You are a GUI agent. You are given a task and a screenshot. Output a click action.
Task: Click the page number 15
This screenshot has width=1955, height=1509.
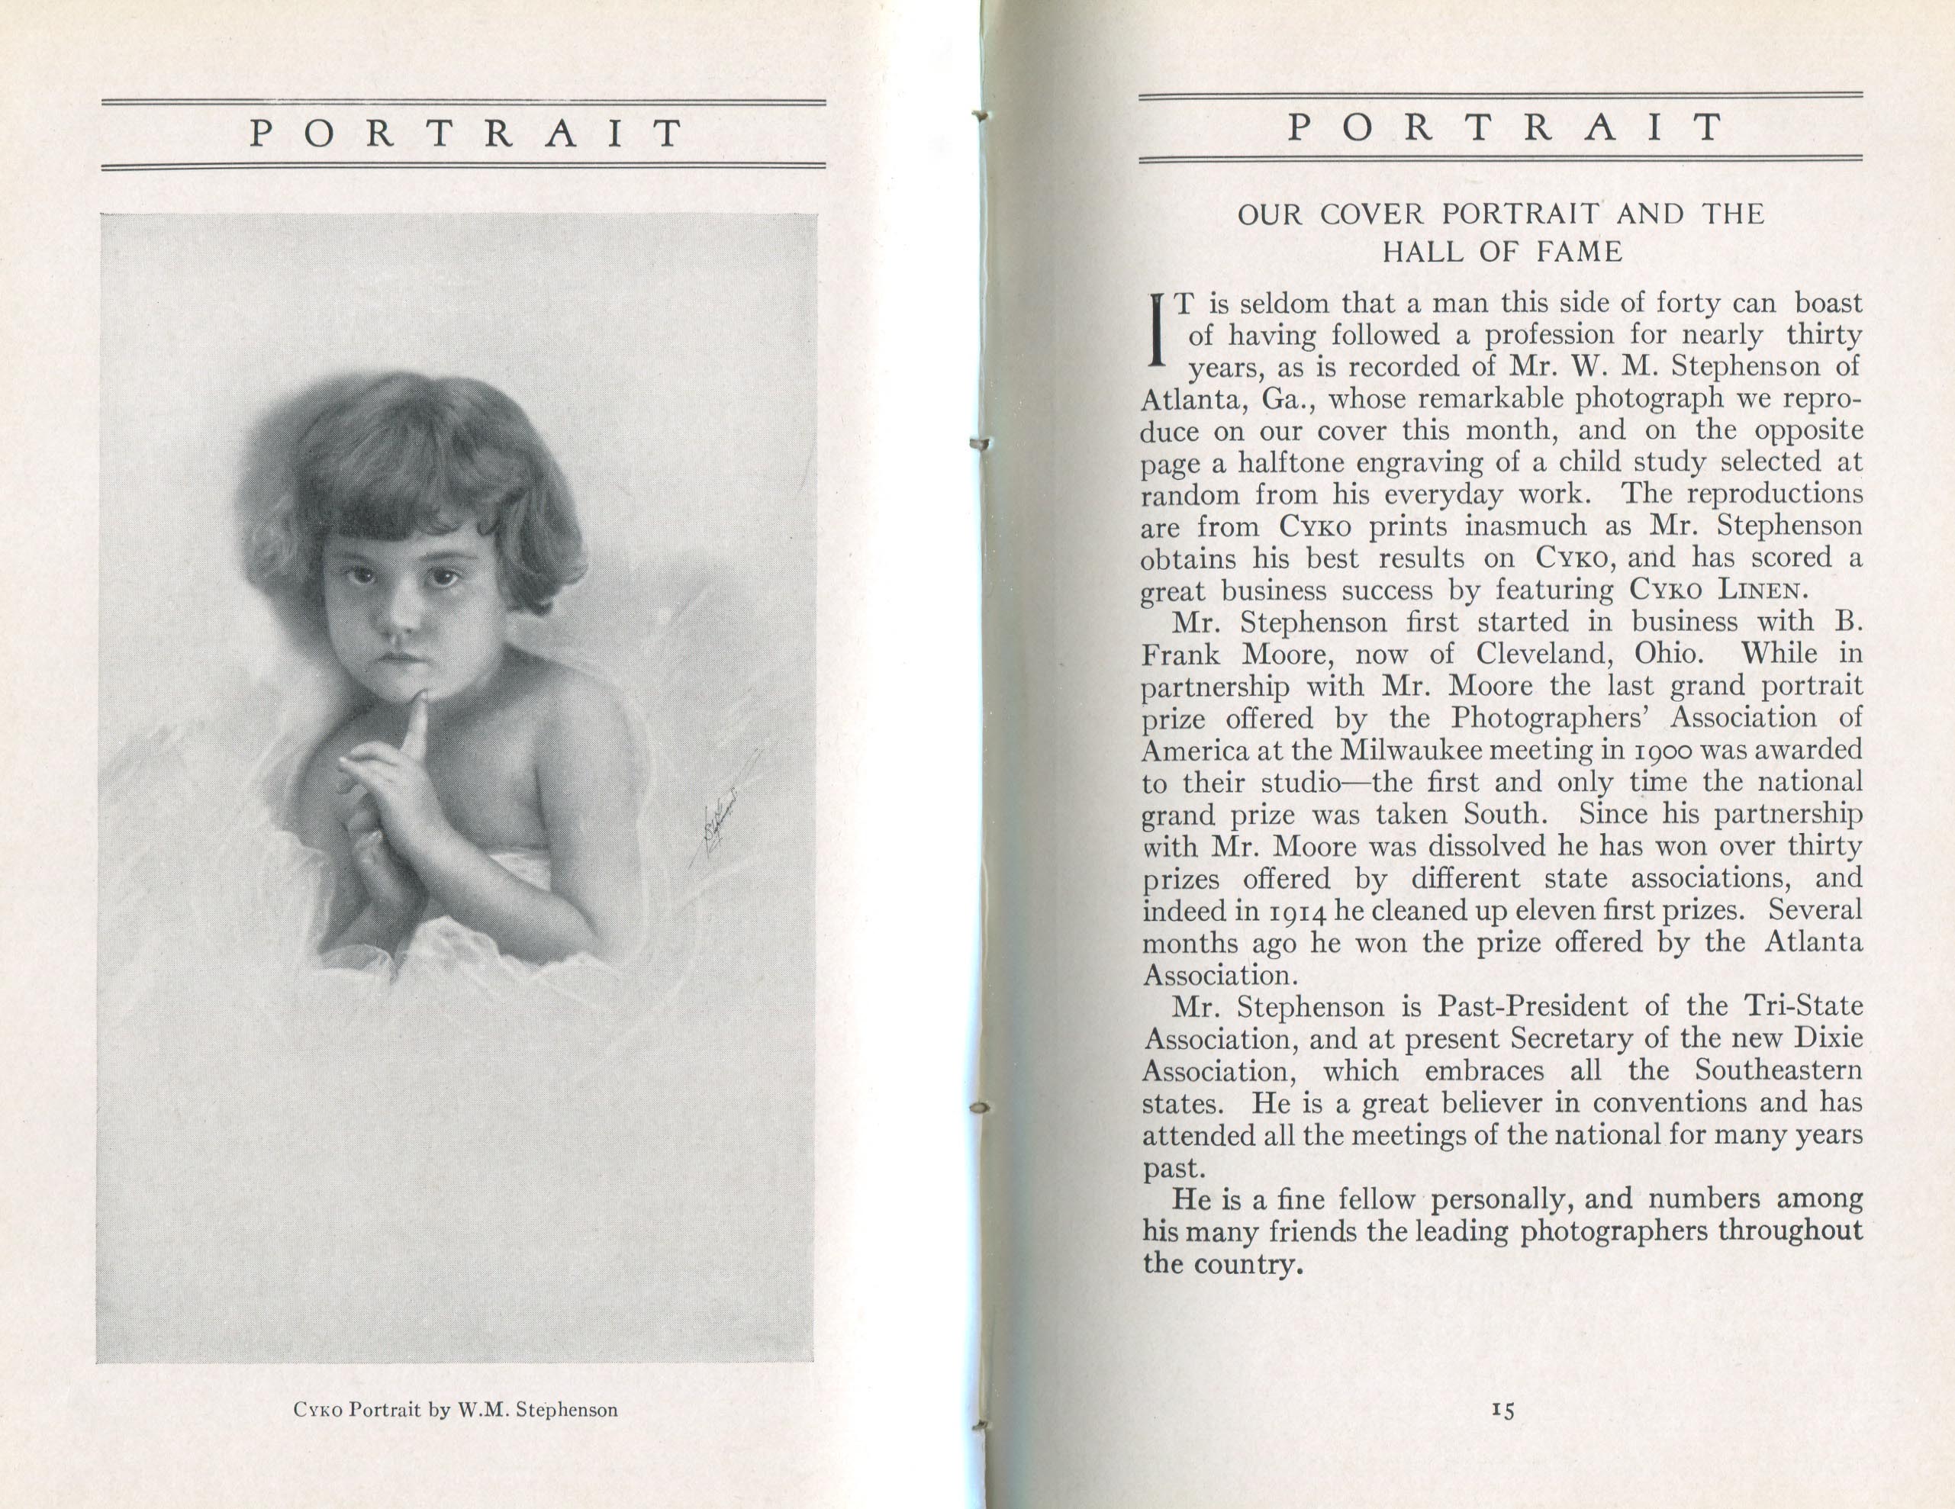click(x=1503, y=1410)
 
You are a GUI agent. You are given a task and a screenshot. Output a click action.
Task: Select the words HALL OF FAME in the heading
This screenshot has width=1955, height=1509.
click(x=1502, y=253)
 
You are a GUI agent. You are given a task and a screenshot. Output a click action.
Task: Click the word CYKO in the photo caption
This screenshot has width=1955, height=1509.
click(x=317, y=1411)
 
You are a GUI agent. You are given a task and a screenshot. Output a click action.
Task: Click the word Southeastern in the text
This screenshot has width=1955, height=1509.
click(x=1778, y=1070)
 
